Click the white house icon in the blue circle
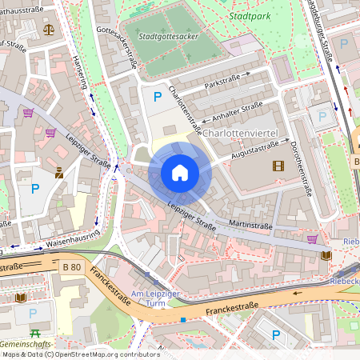click(x=179, y=172)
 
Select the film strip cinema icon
click(x=278, y=166)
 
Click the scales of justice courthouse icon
click(x=49, y=30)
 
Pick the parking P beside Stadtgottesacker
click(x=158, y=96)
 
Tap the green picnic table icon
click(x=35, y=332)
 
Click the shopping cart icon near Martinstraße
click(x=311, y=238)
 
